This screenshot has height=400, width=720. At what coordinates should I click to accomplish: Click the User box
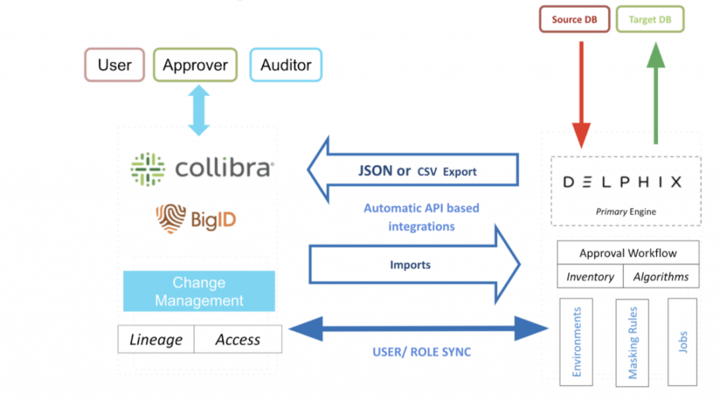coord(115,65)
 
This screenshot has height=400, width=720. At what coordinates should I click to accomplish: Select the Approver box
coord(195,65)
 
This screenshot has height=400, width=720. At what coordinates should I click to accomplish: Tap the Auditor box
coord(285,65)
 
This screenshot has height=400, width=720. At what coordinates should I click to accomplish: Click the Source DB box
coord(574,20)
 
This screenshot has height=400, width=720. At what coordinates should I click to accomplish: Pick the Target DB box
coord(650,20)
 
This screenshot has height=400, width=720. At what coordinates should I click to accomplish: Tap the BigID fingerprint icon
coord(171,218)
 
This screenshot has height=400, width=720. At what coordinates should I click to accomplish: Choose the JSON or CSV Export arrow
coord(415,170)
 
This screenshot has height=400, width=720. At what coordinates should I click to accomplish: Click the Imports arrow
coord(415,265)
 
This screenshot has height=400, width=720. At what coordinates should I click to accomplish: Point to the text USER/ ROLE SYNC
coord(422,351)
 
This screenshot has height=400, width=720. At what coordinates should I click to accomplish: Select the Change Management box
coord(199,292)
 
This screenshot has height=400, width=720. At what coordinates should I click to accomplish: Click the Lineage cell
coord(156,339)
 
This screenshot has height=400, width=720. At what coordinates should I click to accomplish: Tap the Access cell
coord(238,339)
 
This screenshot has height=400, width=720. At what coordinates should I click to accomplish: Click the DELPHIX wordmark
coord(622,182)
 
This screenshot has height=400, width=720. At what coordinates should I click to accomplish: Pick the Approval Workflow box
coord(628,253)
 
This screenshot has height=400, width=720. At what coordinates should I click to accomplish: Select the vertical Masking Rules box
coord(632,342)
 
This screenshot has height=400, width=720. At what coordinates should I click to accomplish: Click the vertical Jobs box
coord(683,342)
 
